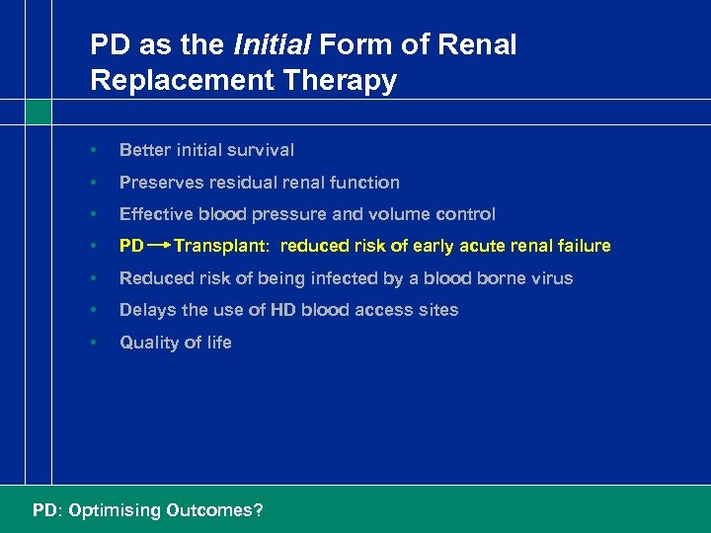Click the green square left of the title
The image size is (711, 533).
click(x=39, y=112)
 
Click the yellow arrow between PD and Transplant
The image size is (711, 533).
click(x=159, y=246)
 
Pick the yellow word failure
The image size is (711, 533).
click(x=583, y=246)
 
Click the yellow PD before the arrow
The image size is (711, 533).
click(x=131, y=246)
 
